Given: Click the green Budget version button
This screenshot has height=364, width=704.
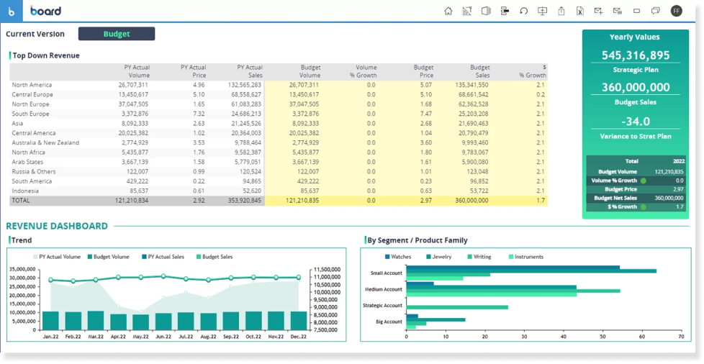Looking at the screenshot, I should pos(117,34).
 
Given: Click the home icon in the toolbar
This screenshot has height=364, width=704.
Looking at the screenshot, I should pos(448,11).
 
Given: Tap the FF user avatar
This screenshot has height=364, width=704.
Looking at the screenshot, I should pos(676,11).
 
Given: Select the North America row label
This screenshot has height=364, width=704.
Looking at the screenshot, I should pos(32,85).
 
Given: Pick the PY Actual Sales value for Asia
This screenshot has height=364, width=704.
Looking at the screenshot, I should pos(246,123).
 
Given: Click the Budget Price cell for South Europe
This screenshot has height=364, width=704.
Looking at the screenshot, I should pos(425,114).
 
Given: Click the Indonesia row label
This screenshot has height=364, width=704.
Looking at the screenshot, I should pos(26,191).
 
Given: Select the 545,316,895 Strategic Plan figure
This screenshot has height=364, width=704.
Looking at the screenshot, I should pos(636,55).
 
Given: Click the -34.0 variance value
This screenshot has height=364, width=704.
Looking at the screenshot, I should pos(636,122).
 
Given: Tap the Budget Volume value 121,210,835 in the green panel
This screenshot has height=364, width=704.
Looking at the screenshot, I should pos(669,172).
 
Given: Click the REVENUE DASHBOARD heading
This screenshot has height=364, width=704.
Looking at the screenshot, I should pos(57,226).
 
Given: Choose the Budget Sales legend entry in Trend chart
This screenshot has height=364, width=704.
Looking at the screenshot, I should pos(217,257).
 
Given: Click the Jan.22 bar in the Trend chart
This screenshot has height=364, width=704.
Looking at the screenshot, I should pos(50,320).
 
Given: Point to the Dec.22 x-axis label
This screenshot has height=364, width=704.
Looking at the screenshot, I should pos(298,336).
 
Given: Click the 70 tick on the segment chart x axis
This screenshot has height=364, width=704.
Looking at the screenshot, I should pos(681,337).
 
